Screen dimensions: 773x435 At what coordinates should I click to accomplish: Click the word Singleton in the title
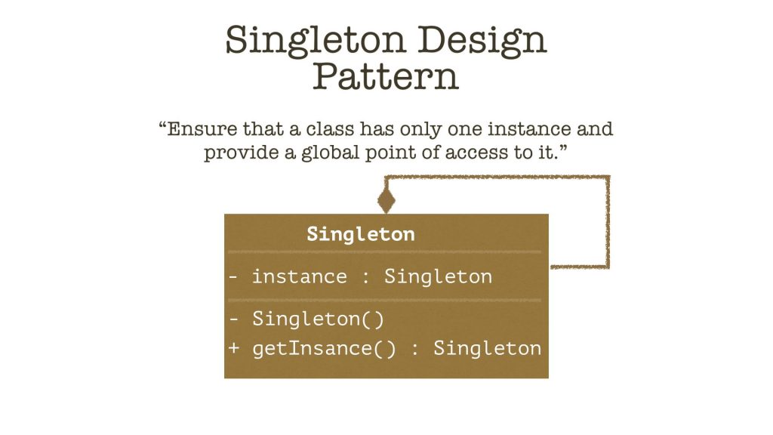click(x=315, y=41)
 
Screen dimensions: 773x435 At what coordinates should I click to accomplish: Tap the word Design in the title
click(x=482, y=41)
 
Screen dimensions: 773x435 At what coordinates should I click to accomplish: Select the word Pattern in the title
click(x=386, y=76)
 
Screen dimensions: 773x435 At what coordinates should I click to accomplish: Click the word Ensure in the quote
click(x=202, y=129)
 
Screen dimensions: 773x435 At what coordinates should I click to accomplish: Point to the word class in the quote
click(x=330, y=129)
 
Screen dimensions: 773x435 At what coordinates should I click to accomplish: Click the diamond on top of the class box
click(x=386, y=201)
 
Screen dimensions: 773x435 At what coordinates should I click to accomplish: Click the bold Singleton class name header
click(x=360, y=234)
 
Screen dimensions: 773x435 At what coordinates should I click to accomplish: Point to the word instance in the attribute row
click(x=300, y=276)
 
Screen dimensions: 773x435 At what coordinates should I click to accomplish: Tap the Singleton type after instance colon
click(x=438, y=276)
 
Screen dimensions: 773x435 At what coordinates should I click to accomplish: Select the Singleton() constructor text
click(x=318, y=319)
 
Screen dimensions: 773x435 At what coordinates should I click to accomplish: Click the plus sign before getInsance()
click(x=234, y=348)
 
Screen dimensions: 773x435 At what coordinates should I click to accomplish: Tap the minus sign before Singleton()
click(x=234, y=319)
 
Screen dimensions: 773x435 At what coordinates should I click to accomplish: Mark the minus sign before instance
click(x=234, y=276)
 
